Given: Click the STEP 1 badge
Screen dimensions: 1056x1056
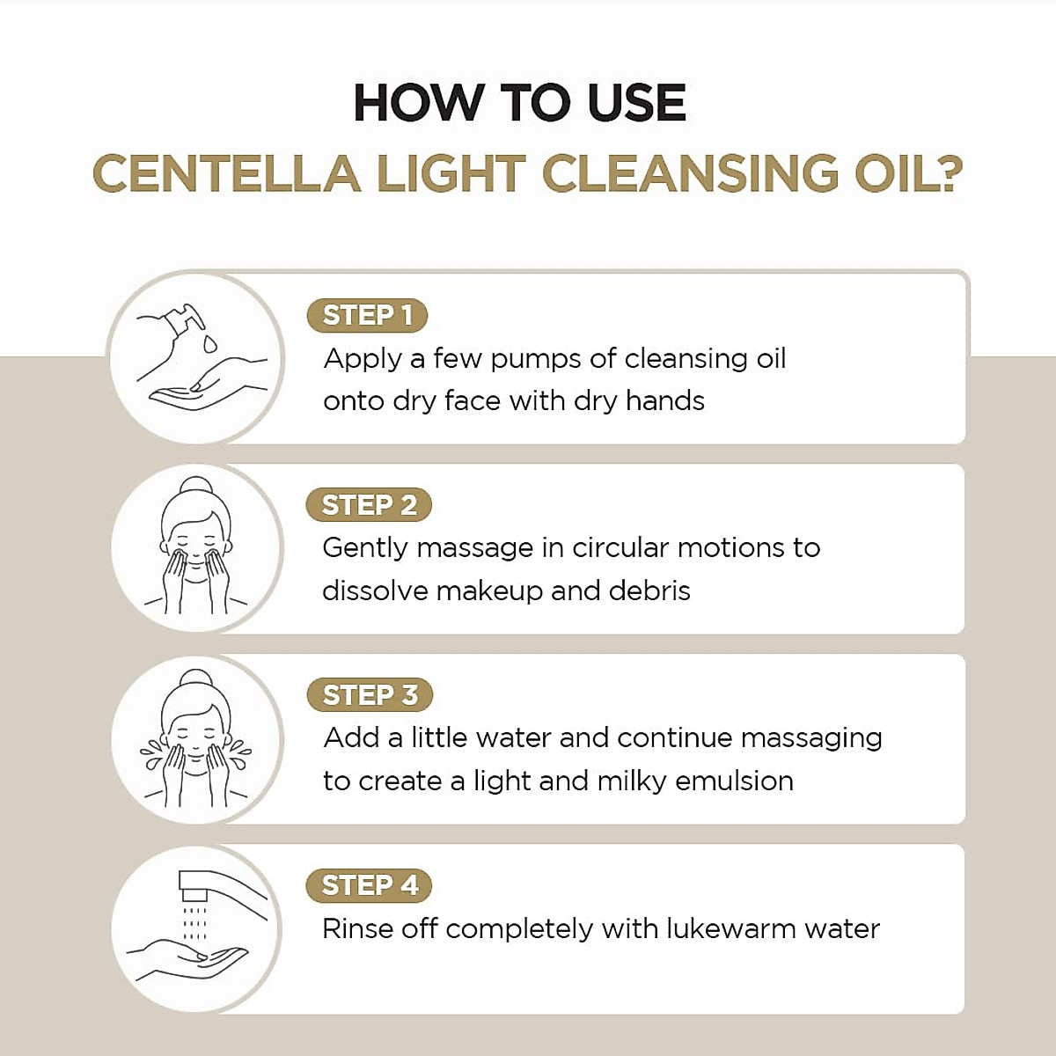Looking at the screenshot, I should [x=367, y=315].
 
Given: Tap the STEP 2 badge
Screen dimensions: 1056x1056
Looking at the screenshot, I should [x=369, y=505].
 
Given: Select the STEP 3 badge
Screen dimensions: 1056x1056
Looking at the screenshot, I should [x=370, y=695].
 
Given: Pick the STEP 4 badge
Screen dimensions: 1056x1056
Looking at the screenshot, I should [x=370, y=885].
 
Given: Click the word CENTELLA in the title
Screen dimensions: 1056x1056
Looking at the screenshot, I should [x=226, y=172].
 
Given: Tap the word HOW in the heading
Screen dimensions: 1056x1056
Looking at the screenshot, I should [x=417, y=103].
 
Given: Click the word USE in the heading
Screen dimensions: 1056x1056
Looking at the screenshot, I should [x=635, y=103].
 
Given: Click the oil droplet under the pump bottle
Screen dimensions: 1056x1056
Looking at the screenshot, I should [x=209, y=344].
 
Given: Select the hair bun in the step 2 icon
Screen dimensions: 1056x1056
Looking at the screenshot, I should [x=195, y=486].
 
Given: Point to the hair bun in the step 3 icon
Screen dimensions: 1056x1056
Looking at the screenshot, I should [x=195, y=678].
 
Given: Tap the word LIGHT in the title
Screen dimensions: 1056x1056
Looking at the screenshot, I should [x=451, y=172].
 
